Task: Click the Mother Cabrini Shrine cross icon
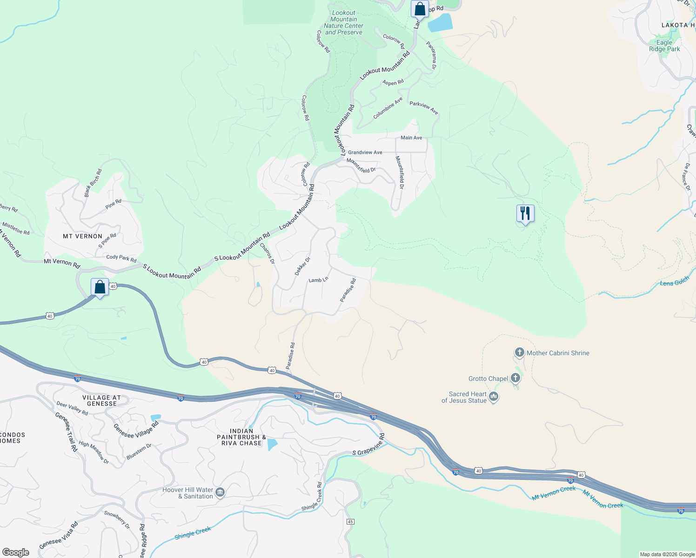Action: pos(519,352)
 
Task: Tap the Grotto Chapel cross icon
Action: pos(515,378)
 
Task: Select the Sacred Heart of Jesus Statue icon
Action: pos(494,397)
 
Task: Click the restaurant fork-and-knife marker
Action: pos(525,213)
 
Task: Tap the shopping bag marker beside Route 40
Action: pos(100,287)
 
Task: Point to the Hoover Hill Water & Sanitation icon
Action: pos(220,492)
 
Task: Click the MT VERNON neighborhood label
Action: pos(82,236)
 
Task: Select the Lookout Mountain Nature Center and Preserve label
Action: pos(343,23)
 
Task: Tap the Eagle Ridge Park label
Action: pos(664,46)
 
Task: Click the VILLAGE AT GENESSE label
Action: pos(101,400)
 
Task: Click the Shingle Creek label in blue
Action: pos(193,533)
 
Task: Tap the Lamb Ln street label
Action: pos(318,280)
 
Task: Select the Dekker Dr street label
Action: pos(302,266)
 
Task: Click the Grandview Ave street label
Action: pos(365,153)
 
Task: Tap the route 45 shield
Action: pos(350,522)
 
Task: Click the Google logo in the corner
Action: pos(15,552)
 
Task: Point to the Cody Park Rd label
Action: pos(121,258)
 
